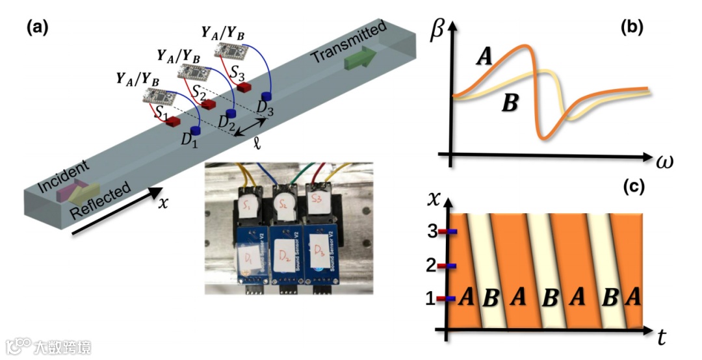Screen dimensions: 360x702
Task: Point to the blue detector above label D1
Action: coord(195,131)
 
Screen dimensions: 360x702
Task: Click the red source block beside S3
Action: coord(244,87)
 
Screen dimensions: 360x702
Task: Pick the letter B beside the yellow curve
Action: coord(512,102)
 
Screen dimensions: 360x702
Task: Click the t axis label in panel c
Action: coord(661,337)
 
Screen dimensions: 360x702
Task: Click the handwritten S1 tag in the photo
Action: coord(248,207)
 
